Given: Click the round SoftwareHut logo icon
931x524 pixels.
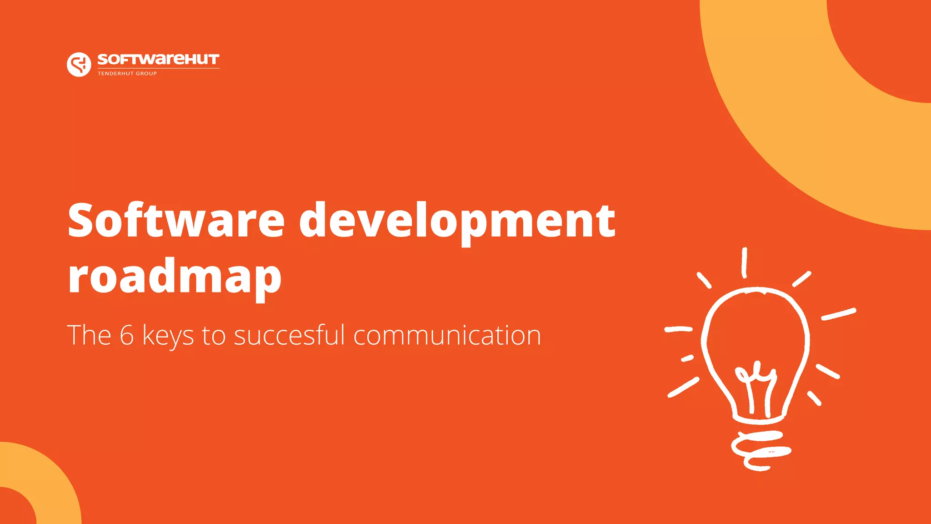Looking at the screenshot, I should [x=79, y=64].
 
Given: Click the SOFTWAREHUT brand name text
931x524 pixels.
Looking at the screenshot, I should [x=158, y=60].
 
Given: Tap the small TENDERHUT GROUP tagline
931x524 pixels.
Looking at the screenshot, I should [x=127, y=73].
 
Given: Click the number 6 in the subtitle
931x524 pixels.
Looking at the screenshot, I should [x=126, y=335].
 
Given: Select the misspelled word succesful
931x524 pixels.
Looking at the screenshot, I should [x=290, y=335].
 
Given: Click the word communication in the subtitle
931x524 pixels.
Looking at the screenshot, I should [x=447, y=335].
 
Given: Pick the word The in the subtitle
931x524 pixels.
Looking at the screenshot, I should [x=89, y=335].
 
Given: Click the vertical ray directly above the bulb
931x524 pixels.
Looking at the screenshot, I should [x=744, y=263].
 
